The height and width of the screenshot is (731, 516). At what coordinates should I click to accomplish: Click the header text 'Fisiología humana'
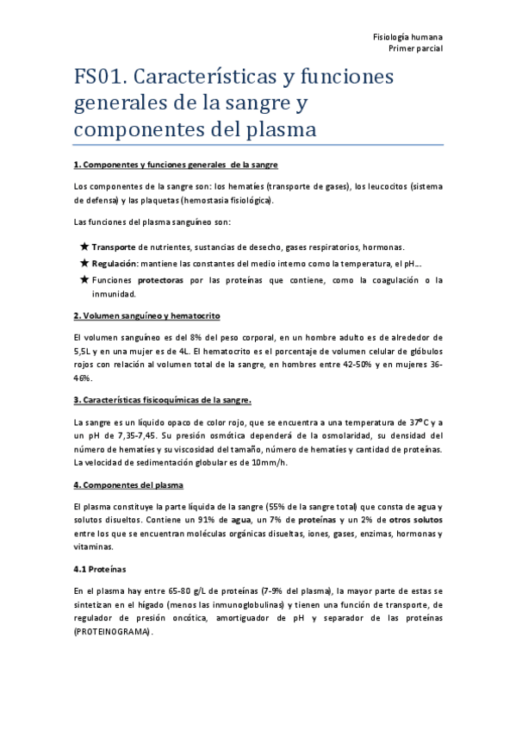tap(407, 39)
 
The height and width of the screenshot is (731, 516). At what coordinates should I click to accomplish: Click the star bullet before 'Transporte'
tap(84, 247)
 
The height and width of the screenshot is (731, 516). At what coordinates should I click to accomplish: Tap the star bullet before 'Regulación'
tap(84, 264)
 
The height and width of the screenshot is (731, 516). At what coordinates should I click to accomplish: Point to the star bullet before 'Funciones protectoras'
tap(84, 280)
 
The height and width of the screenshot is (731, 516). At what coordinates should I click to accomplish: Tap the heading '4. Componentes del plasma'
tap(128, 485)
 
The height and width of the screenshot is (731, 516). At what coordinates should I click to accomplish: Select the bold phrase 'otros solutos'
tap(415, 521)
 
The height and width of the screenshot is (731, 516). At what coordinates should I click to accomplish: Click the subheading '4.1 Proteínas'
tap(100, 569)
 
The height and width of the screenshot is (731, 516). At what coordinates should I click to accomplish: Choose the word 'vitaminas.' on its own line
tap(95, 547)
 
